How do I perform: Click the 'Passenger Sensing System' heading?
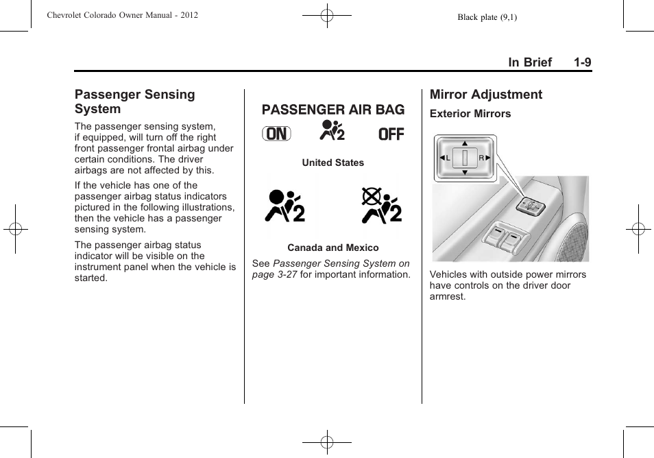point(134,101)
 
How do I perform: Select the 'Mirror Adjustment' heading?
point(485,95)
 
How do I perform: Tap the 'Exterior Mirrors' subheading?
point(470,114)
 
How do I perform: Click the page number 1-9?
point(583,62)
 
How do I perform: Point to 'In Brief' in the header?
point(529,62)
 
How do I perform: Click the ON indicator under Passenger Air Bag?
point(276,134)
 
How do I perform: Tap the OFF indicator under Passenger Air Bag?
point(391,134)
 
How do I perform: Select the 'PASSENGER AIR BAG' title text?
point(333,110)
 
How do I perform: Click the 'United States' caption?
point(332,162)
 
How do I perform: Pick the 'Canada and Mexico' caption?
point(332,248)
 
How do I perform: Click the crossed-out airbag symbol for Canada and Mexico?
point(382,205)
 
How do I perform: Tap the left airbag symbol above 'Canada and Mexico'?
point(284,205)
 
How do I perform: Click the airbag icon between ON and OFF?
point(332,130)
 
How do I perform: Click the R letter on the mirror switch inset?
point(481,158)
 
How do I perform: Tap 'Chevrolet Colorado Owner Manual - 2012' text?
point(122,15)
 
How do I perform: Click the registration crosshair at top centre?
point(327,15)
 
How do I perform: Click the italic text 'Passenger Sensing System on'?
point(341,263)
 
